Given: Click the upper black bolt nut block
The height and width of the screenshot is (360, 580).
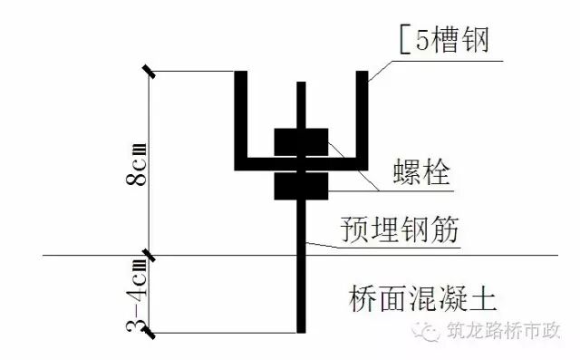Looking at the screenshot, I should pos(302,145).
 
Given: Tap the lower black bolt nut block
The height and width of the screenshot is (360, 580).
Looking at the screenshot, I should pos(302,183).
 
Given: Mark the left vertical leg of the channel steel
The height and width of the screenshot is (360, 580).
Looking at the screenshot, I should pos(242,118).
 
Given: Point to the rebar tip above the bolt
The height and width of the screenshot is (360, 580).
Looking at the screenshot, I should pos(301,91).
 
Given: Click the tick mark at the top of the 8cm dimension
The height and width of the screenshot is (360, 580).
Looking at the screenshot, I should pos(150,72).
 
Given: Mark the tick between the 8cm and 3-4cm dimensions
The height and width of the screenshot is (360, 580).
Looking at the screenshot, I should pos(150,257).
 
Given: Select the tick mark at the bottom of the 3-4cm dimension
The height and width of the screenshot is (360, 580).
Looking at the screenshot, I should pos(150,333).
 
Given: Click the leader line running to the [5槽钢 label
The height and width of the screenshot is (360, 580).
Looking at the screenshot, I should pos(381,68).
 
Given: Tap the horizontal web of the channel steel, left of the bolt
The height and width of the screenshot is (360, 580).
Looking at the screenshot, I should pos(258,164).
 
